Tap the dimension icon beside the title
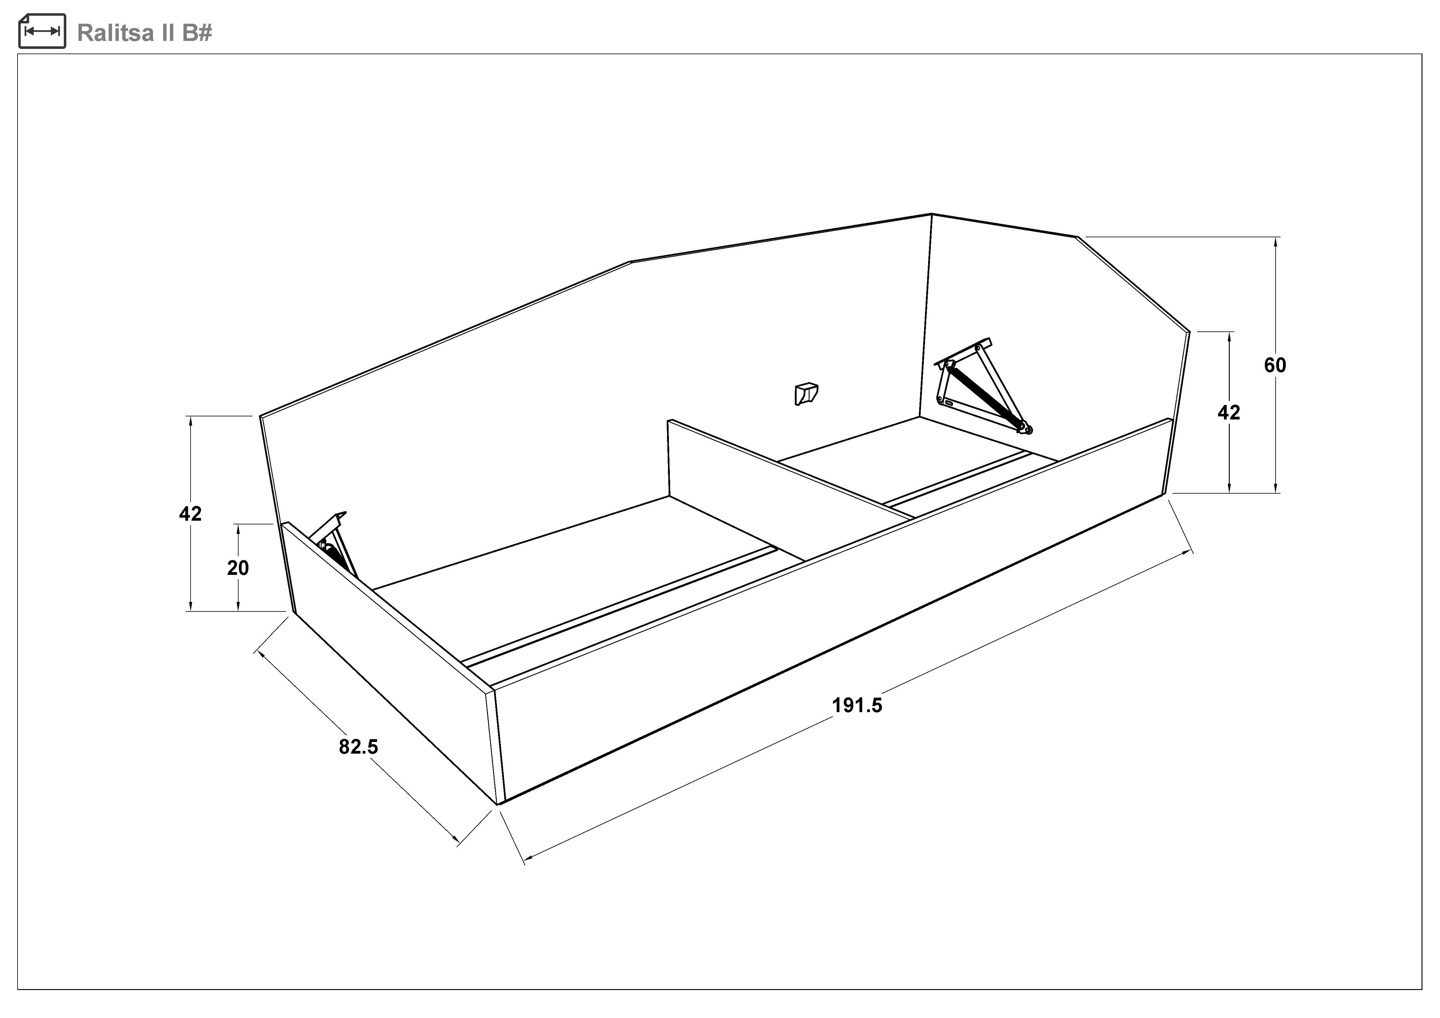pyautogui.click(x=42, y=31)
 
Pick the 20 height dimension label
pyautogui.click(x=238, y=568)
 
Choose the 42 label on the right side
pyautogui.click(x=1229, y=412)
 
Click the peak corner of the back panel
pyautogui.click(x=931, y=214)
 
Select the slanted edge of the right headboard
pyautogui.click(x=1134, y=283)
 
